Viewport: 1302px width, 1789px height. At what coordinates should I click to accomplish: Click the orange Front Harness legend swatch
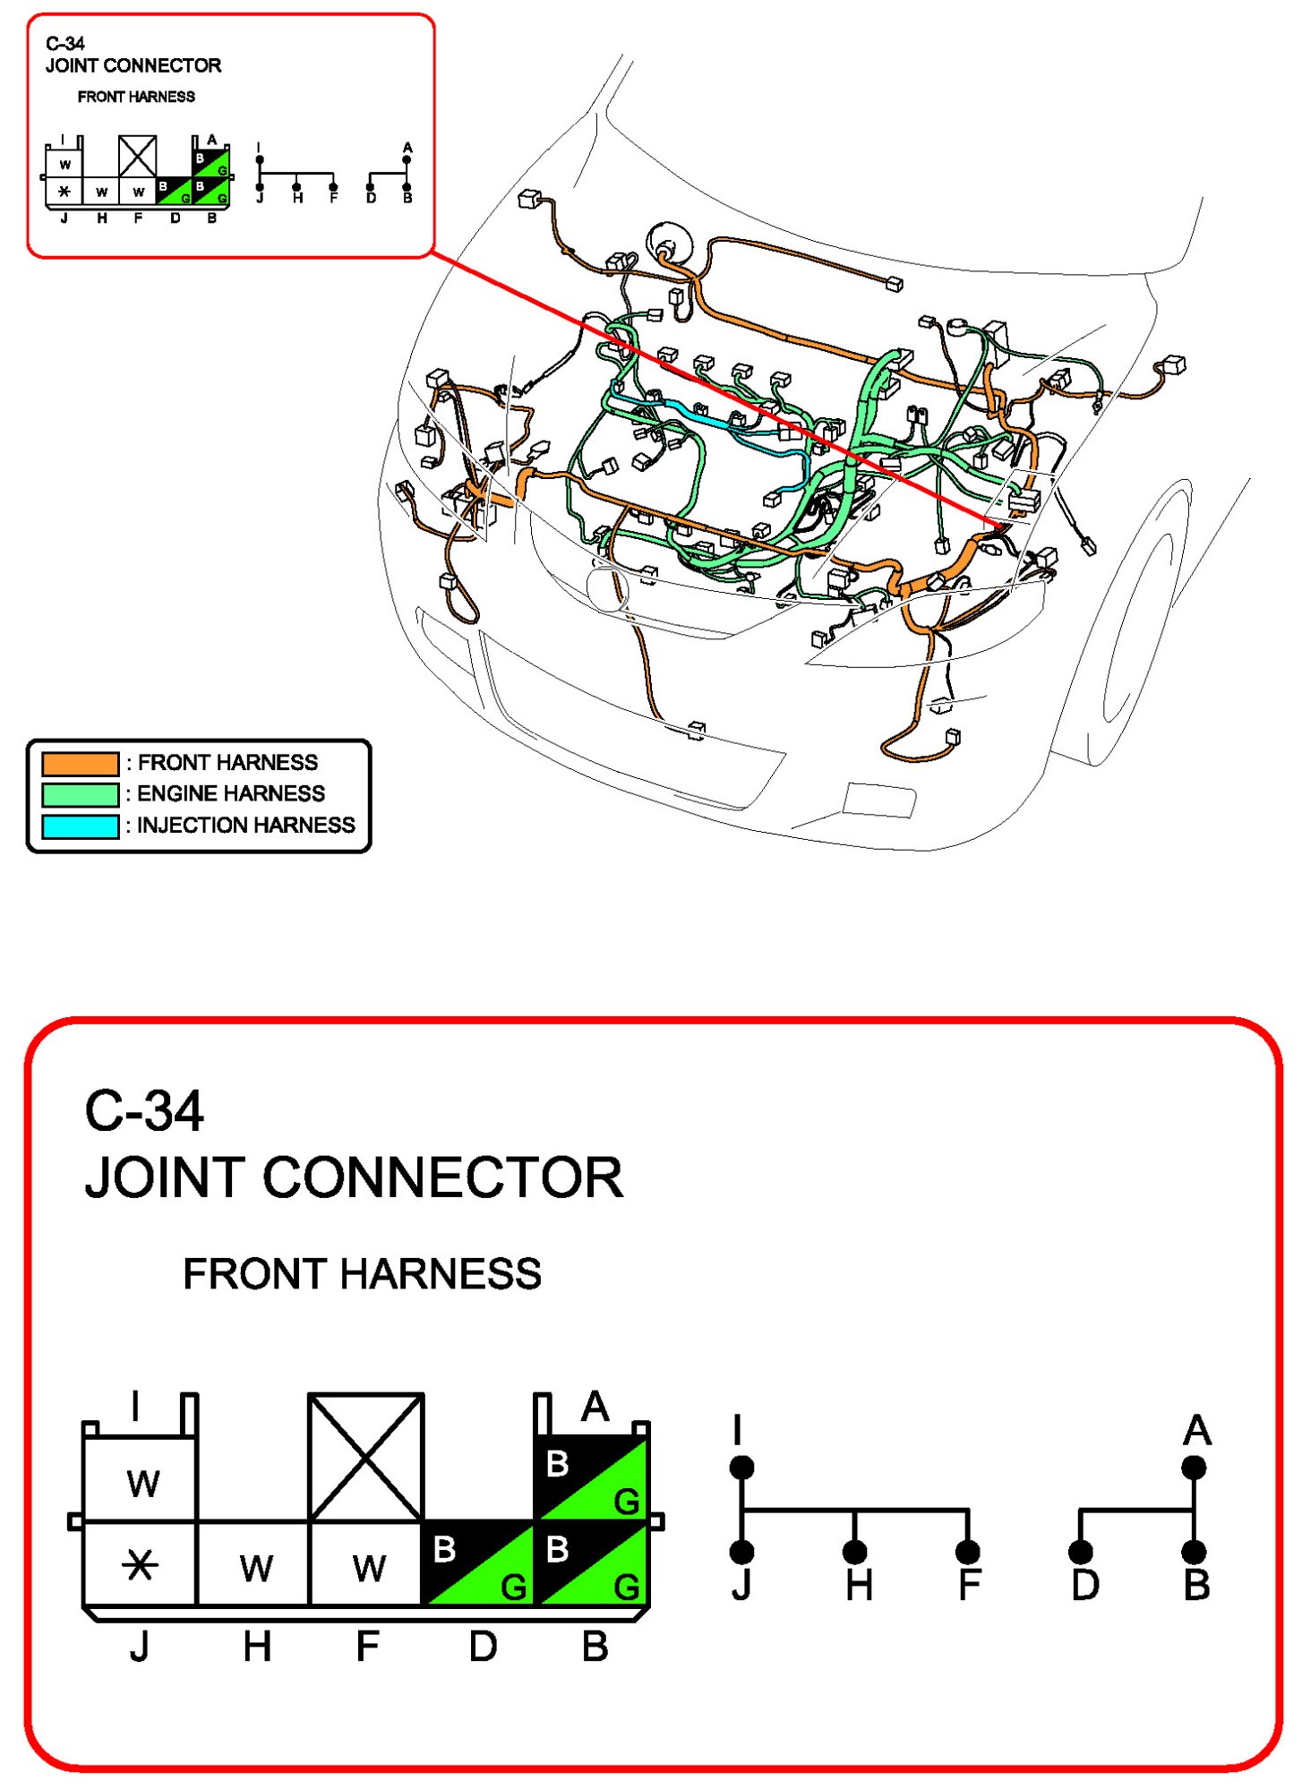(x=80, y=763)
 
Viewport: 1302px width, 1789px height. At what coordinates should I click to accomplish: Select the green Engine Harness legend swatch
(x=80, y=794)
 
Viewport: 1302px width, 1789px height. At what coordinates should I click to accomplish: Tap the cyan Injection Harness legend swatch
(x=80, y=826)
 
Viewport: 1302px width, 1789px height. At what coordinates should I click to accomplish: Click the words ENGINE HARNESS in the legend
(x=231, y=794)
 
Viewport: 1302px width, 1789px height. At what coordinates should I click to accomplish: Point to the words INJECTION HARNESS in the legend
(x=245, y=826)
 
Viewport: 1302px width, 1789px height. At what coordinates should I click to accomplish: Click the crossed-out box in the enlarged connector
(x=365, y=1457)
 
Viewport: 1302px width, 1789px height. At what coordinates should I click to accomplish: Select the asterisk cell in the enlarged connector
(x=140, y=1565)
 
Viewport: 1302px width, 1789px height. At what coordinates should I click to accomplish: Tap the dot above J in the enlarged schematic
(x=741, y=1552)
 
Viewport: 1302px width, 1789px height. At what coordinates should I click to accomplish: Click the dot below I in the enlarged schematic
(x=741, y=1468)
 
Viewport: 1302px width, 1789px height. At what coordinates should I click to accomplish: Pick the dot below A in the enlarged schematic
(x=1194, y=1468)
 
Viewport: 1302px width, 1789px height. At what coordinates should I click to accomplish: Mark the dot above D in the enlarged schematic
(x=1081, y=1552)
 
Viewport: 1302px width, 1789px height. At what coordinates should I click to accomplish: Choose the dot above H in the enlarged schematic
(x=855, y=1552)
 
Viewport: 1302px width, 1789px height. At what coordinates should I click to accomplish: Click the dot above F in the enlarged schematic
(x=968, y=1552)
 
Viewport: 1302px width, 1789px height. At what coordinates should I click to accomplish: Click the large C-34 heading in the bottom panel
(x=144, y=1111)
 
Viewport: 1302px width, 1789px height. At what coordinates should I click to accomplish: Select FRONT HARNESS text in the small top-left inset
(x=136, y=97)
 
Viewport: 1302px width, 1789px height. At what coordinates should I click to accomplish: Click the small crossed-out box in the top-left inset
(x=138, y=156)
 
